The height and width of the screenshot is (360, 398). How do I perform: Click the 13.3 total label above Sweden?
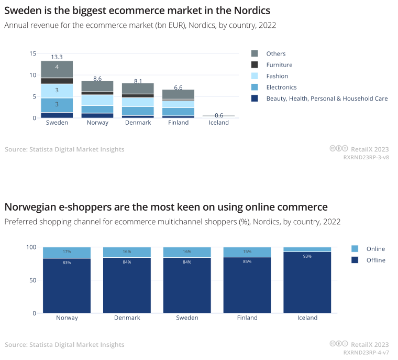pos(57,57)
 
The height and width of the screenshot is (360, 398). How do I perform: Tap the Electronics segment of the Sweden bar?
pos(57,105)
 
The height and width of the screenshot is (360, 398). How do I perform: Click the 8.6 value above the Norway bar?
pos(97,79)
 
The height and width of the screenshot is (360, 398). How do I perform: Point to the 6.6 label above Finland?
pos(178,88)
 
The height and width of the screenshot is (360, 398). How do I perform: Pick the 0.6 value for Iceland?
pos(219,115)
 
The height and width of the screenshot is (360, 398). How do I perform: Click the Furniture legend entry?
pos(279,65)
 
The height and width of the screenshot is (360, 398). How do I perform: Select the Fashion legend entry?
pos(277,76)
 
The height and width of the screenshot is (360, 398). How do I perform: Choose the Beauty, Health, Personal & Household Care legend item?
pos(326,99)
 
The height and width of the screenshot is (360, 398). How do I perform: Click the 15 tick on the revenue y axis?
pos(33,53)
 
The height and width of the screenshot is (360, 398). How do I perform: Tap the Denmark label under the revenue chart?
pos(138,123)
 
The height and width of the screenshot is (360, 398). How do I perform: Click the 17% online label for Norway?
pos(67,252)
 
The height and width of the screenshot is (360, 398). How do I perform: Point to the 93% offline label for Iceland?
pos(307,256)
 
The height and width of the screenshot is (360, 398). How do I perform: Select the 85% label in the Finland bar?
pos(247,261)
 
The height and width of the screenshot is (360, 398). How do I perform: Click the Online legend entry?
pos(375,249)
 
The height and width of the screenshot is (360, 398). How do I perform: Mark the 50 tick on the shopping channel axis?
pos(32,280)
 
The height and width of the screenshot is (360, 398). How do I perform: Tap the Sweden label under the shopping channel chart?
pos(187,318)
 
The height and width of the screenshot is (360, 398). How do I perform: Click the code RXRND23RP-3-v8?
pos(366,157)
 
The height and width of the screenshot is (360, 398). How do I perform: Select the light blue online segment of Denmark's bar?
pos(127,252)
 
